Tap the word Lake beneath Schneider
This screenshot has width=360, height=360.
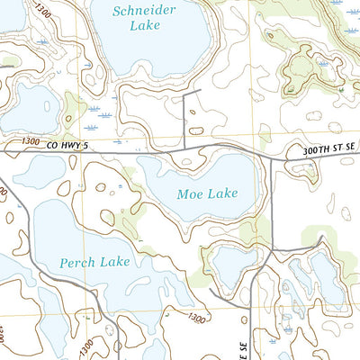(x=144, y=26)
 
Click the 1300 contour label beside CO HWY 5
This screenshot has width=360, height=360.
(x=27, y=142)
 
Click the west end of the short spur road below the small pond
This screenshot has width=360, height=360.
(x=211, y=292)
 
